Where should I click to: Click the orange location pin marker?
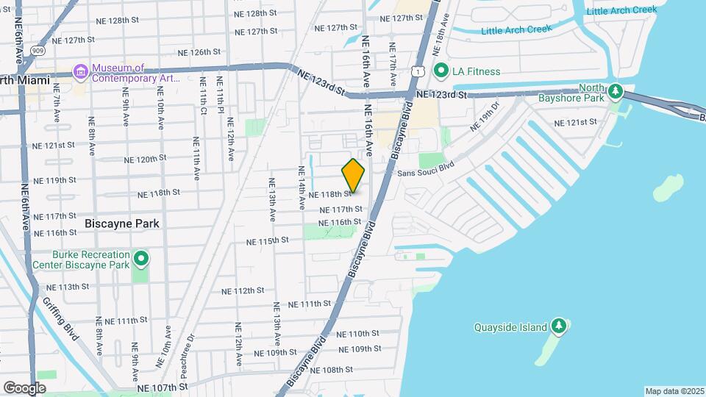click(x=354, y=175)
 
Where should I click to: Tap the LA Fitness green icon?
click(x=441, y=71)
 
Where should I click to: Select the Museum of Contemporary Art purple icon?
click(x=80, y=73)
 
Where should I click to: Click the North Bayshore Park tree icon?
click(x=616, y=93)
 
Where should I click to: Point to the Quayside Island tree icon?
click(x=559, y=326)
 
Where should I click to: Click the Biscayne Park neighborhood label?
click(x=122, y=223)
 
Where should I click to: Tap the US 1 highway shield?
click(x=417, y=70)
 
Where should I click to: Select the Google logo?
click(x=24, y=387)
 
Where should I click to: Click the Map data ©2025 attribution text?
click(x=674, y=391)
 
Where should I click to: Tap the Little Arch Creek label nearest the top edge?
click(x=621, y=10)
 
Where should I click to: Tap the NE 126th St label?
click(x=200, y=52)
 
